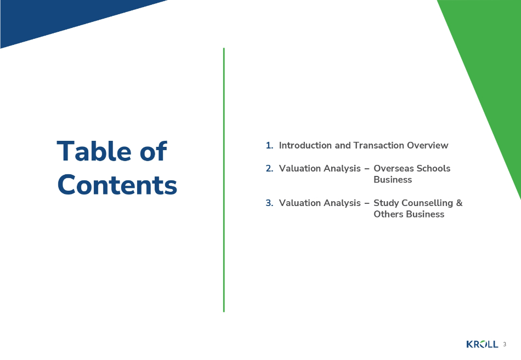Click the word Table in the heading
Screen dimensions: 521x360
[94, 151]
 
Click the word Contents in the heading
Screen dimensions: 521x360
[117, 185]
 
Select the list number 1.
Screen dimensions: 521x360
[269, 145]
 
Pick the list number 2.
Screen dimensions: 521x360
[269, 168]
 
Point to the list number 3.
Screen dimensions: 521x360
[269, 203]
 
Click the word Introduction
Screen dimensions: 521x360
[305, 145]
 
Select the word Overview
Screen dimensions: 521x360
[428, 145]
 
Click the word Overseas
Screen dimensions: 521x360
[394, 168]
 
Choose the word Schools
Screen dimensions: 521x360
[433, 168]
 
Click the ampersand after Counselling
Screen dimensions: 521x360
[459, 203]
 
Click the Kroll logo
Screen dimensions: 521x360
[482, 344]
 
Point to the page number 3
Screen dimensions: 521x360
[505, 345]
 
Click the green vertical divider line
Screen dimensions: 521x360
[224, 180]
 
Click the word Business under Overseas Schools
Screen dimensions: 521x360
[393, 180]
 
